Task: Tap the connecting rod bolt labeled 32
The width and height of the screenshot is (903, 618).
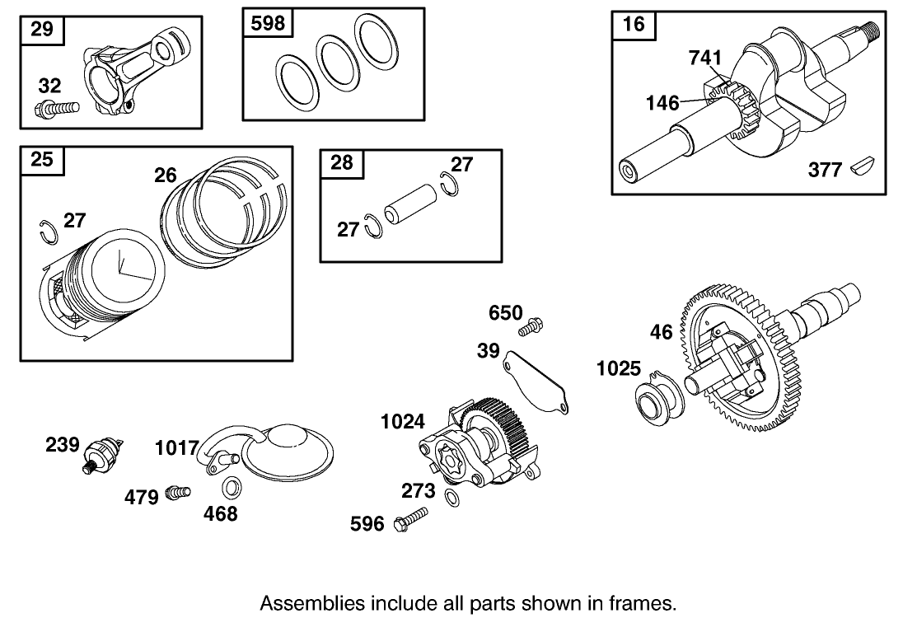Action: [55, 106]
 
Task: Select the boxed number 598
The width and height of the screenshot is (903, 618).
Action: [266, 23]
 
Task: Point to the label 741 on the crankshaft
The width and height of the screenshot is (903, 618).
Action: [705, 58]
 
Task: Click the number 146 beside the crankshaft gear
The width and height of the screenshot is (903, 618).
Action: [663, 103]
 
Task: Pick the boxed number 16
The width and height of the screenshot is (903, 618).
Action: [634, 24]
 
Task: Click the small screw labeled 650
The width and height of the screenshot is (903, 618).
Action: [531, 327]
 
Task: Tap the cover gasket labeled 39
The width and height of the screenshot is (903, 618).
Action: [536, 380]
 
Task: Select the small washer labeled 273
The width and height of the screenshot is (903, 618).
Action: [452, 497]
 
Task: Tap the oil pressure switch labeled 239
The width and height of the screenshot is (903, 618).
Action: [105, 454]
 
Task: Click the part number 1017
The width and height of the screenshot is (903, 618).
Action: [177, 449]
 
